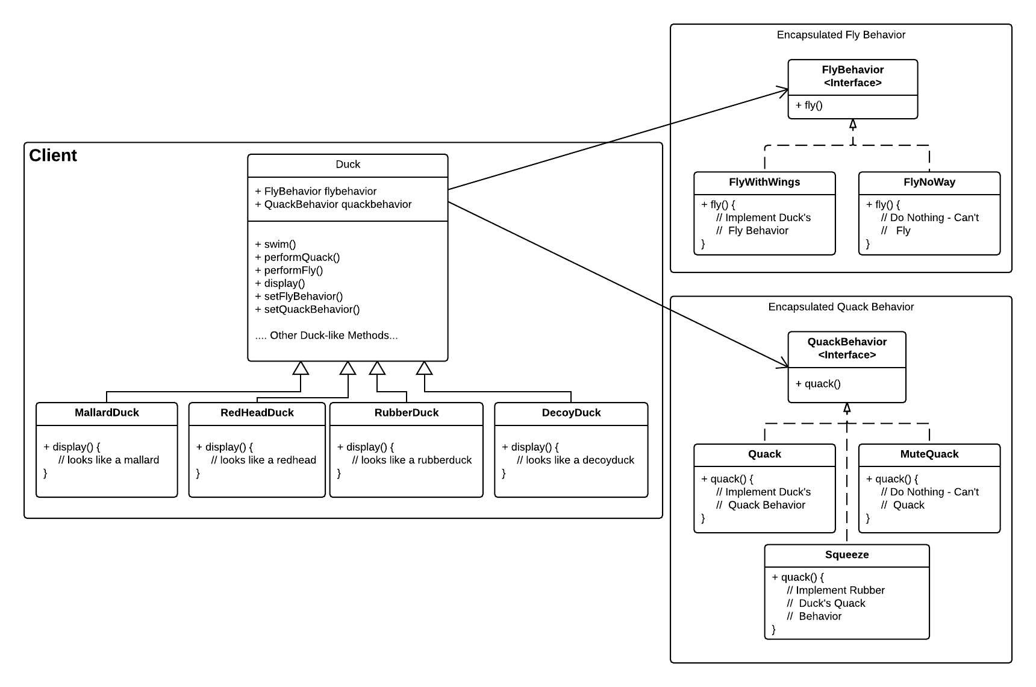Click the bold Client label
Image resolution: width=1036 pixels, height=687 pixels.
(53, 155)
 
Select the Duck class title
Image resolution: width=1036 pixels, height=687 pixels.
(348, 165)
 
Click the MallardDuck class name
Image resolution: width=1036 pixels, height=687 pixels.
(107, 413)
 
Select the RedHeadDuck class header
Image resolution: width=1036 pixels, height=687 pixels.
(257, 413)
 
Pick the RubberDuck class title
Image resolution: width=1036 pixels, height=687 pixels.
(406, 413)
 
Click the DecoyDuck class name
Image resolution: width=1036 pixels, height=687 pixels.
(571, 413)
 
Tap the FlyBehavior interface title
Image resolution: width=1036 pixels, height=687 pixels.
(852, 77)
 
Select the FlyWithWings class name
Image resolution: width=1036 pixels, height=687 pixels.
(764, 183)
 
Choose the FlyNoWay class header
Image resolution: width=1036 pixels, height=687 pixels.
(929, 183)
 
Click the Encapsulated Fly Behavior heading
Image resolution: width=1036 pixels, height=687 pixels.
(841, 35)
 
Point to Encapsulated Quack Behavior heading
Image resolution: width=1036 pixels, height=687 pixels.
(841, 307)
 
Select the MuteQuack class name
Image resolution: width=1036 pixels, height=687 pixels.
(929, 454)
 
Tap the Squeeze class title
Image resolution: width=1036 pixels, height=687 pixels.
(846, 555)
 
